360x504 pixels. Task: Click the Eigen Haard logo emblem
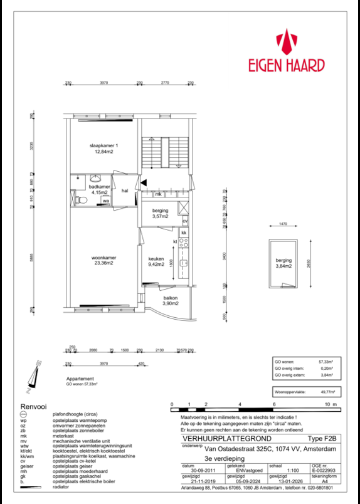pos(288,42)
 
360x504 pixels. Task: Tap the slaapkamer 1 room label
pos(103,145)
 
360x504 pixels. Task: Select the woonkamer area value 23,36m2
pos(103,263)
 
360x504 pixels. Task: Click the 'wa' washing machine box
pos(105,201)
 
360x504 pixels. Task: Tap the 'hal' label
pos(125,191)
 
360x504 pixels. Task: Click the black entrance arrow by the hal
pos(144,182)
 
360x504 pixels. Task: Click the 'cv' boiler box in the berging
pos(184,221)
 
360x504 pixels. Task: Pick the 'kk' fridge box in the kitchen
pos(184,233)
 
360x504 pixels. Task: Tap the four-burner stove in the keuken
pos(184,243)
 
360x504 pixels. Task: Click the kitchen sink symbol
pos(184,263)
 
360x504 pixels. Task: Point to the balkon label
pos(171,298)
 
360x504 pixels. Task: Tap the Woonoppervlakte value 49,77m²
pos(327,391)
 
